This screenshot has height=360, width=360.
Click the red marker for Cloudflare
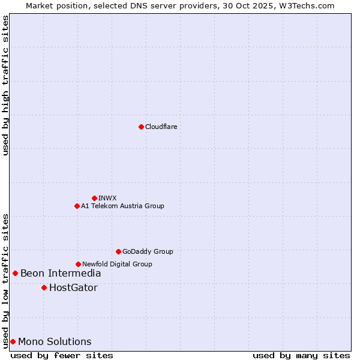(x=141, y=127)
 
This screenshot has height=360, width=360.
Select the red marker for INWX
(x=94, y=198)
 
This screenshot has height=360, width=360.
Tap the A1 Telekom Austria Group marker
(x=77, y=206)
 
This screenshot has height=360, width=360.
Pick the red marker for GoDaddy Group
(x=118, y=251)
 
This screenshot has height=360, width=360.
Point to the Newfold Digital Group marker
(x=78, y=264)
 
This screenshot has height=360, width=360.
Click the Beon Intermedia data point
(x=15, y=273)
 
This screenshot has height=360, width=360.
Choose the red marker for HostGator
(x=44, y=287)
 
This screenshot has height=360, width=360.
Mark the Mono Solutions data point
(x=13, y=341)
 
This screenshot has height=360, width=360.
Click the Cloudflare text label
(x=161, y=127)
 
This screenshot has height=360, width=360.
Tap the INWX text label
(x=107, y=198)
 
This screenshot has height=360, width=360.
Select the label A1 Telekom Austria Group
(x=122, y=206)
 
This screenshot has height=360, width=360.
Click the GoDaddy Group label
(x=147, y=251)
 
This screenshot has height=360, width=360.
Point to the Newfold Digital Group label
(x=117, y=264)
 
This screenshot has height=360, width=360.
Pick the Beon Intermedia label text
(x=61, y=274)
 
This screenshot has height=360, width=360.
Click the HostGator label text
(x=73, y=288)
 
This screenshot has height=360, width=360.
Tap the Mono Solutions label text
(x=55, y=342)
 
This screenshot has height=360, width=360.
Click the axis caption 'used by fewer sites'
(x=62, y=355)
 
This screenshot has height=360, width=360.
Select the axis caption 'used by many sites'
(x=301, y=355)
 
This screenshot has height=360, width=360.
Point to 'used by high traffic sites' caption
(x=5, y=85)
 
